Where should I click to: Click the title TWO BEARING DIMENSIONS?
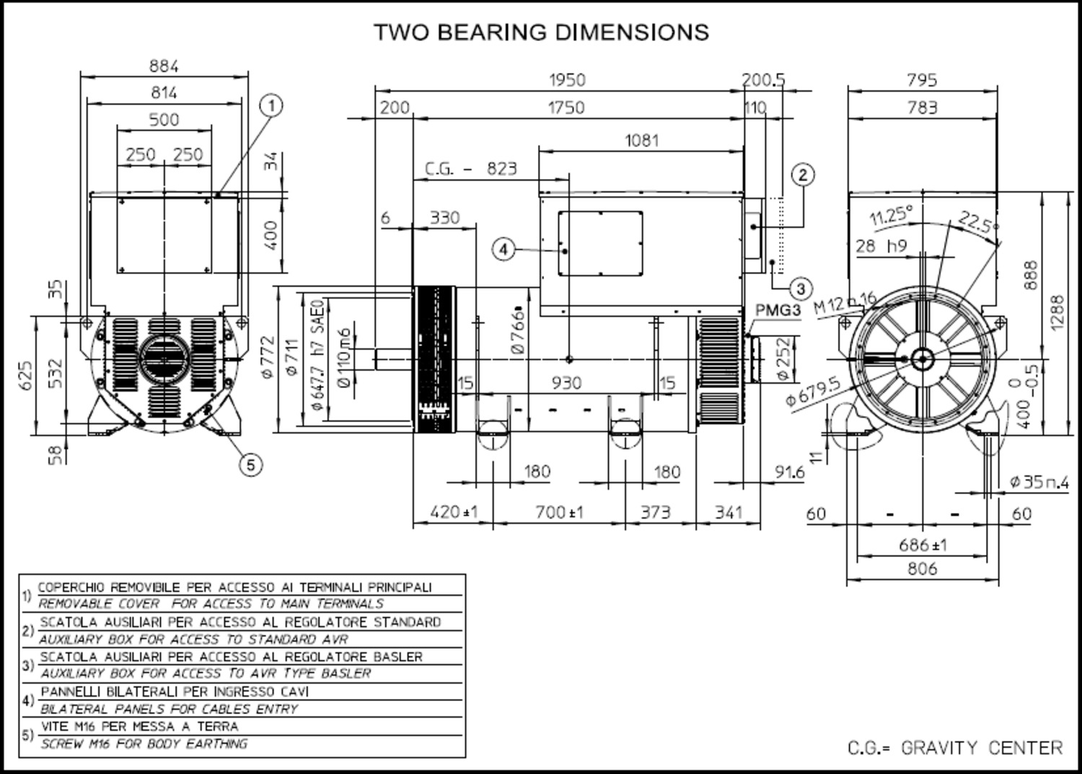coord(541,32)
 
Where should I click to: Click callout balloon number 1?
coord(271,106)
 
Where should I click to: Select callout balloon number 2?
coord(803,175)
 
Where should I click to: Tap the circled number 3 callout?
coord(801,289)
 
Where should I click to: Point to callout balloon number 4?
coord(503,250)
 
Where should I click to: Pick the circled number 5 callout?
coord(250,465)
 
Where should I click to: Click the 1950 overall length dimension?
coord(567,80)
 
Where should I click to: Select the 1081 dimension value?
coord(641,140)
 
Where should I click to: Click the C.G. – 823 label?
coord(471,169)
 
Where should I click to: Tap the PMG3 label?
coord(778,311)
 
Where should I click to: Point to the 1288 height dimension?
coord(1057,312)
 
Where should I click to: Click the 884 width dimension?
coord(164,66)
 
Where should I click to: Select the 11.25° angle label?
coord(892,215)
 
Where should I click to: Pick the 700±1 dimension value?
coord(559,512)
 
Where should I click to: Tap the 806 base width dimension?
coord(922,568)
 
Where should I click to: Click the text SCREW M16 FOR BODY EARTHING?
coord(144,744)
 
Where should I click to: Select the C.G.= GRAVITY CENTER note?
coord(955,748)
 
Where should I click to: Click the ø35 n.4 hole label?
coord(1039,482)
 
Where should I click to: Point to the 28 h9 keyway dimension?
coord(881,246)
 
